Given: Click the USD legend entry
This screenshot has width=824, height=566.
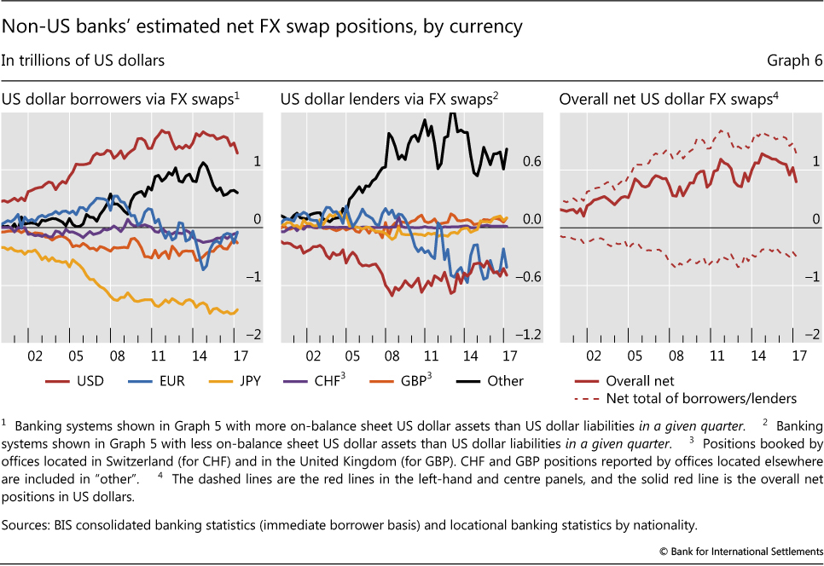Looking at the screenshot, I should (90, 381).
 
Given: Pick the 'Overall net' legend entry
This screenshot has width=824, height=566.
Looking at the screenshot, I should (639, 381).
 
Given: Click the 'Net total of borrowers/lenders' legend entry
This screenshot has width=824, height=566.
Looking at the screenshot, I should (700, 398).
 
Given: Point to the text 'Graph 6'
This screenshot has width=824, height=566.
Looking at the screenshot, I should (790, 61).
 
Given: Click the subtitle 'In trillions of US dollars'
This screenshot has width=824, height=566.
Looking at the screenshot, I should (83, 61).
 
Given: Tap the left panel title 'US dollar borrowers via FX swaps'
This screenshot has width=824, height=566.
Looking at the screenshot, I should (118, 100).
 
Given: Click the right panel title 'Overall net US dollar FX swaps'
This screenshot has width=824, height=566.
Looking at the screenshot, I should (666, 100).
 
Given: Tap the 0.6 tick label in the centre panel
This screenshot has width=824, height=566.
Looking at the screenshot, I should (508, 161).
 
